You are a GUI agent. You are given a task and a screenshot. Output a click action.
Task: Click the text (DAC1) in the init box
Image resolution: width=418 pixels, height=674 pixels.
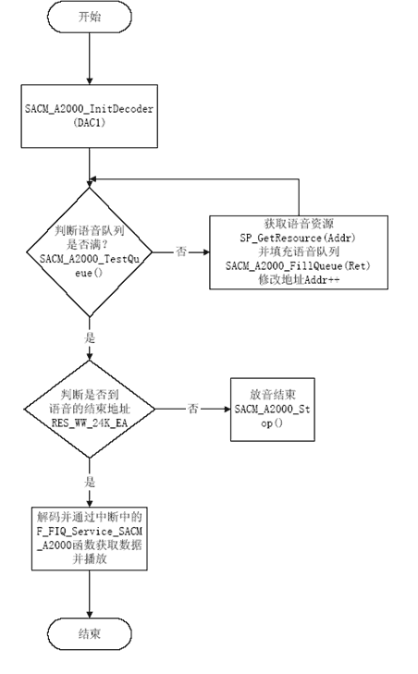click(x=90, y=123)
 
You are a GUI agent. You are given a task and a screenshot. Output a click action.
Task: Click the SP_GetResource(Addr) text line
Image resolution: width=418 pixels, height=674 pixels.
click(x=298, y=238)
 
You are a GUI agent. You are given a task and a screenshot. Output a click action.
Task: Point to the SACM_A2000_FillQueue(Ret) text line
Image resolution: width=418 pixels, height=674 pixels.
click(x=298, y=265)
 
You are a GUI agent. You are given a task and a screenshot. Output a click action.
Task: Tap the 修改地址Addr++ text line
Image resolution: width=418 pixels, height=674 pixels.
click(x=299, y=279)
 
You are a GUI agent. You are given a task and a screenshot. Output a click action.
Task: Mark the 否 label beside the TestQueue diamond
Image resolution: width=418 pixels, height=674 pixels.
click(x=181, y=251)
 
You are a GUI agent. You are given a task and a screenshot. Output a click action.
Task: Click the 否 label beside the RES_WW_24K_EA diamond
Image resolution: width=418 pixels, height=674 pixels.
click(x=192, y=409)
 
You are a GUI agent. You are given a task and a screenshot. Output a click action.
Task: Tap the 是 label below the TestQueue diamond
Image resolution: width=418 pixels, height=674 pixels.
click(x=90, y=337)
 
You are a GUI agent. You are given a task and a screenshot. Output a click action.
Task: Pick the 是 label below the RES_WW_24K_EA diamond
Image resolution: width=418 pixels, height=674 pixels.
click(x=90, y=482)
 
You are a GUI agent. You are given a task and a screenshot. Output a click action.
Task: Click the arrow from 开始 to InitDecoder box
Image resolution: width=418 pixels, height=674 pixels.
click(x=90, y=58)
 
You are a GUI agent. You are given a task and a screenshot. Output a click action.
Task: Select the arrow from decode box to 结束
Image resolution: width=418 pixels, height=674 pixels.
click(x=90, y=594)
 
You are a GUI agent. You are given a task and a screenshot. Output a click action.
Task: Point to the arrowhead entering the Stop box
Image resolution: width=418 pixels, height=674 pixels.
click(x=227, y=409)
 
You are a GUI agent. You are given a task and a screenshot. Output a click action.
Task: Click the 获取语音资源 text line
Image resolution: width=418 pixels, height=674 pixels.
click(x=299, y=224)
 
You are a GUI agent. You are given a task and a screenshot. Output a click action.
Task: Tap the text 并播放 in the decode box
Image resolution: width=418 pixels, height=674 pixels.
click(x=90, y=558)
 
